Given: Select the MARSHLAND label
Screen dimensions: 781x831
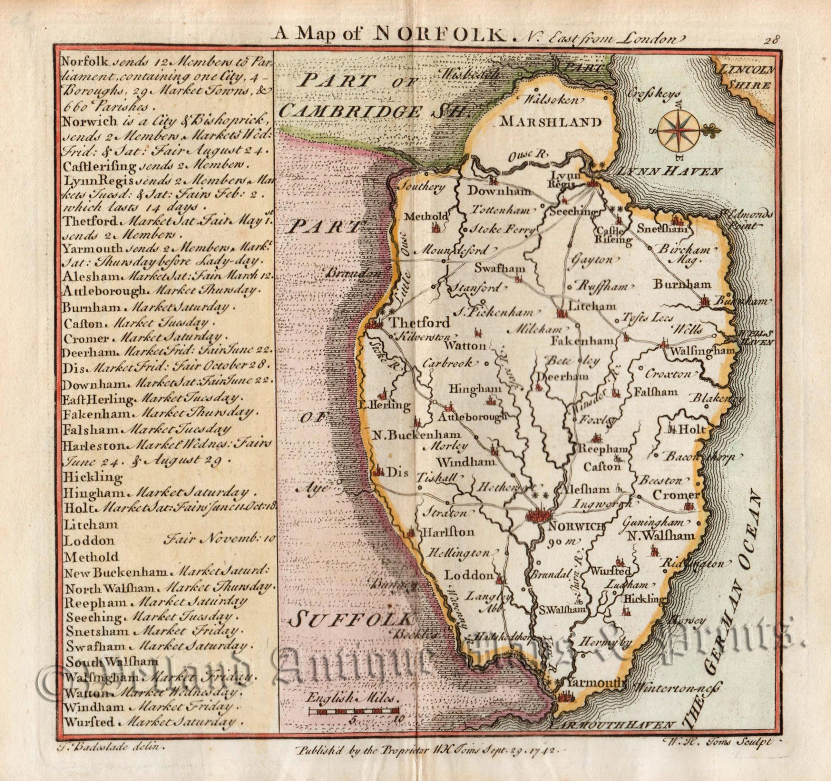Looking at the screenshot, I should [550, 122].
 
